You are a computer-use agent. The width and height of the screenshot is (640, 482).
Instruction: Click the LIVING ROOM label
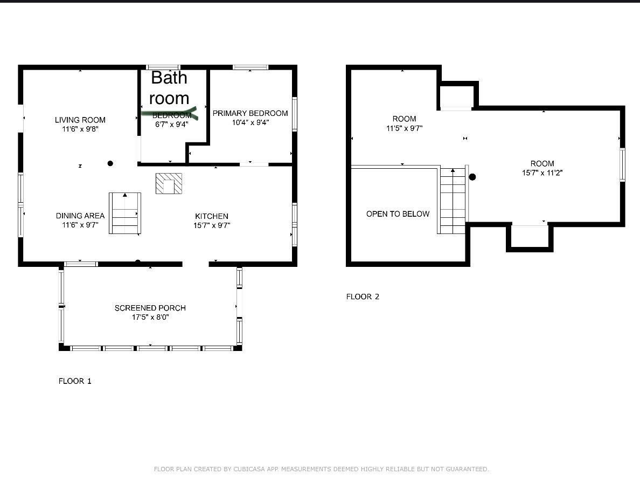tap(80, 120)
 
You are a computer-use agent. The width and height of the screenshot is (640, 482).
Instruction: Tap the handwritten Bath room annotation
tap(169, 88)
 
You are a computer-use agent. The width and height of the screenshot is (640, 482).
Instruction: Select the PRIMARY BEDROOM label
tap(250, 113)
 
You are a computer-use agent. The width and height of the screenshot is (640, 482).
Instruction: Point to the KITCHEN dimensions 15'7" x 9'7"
tap(212, 225)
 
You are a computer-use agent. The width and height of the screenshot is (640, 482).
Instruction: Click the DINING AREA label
tap(80, 216)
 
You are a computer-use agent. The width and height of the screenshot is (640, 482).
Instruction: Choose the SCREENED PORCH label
tap(150, 308)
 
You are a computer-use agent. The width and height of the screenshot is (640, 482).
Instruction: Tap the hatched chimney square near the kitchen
tap(169, 183)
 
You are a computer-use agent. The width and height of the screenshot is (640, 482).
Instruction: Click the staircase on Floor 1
tap(125, 213)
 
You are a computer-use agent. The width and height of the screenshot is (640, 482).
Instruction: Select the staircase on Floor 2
tap(453, 200)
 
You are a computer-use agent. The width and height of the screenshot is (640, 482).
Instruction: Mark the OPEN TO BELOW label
tap(398, 214)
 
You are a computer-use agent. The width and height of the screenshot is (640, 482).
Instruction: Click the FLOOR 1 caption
tap(75, 381)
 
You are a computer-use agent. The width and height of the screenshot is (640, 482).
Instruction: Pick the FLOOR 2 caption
tap(363, 297)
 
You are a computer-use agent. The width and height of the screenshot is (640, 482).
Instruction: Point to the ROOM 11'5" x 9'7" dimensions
tap(405, 128)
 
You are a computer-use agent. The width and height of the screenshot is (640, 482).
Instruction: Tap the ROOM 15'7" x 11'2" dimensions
tap(542, 173)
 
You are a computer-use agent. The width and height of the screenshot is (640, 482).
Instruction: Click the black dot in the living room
tap(110, 163)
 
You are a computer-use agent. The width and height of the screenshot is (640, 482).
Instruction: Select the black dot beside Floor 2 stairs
tap(472, 177)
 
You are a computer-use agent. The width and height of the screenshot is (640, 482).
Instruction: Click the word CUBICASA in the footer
tap(249, 469)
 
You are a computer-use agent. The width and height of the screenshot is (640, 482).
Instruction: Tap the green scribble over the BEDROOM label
tap(169, 113)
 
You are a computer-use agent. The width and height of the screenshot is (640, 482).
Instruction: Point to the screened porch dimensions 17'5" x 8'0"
tap(150, 317)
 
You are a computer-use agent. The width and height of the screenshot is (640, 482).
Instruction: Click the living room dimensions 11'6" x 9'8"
tap(80, 129)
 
